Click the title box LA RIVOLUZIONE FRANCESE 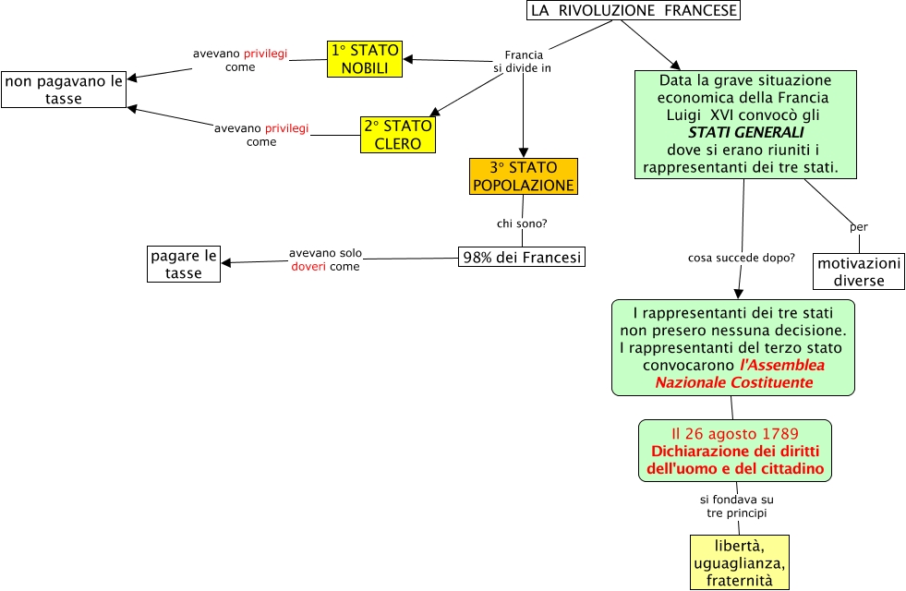click(x=634, y=10)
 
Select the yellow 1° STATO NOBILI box click(x=365, y=59)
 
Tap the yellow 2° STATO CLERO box click(x=397, y=135)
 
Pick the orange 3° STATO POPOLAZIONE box click(x=524, y=176)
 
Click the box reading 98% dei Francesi click(x=522, y=258)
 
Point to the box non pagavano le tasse click(x=64, y=90)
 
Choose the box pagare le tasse click(x=184, y=263)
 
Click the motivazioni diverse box click(x=859, y=271)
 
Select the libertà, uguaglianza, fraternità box click(x=740, y=561)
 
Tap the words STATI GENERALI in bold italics click(x=746, y=133)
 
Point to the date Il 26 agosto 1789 click(x=735, y=433)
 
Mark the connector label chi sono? click(x=523, y=223)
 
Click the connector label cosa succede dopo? click(x=741, y=258)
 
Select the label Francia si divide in click(x=523, y=62)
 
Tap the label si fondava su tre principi click(x=736, y=506)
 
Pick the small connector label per click(x=859, y=227)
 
